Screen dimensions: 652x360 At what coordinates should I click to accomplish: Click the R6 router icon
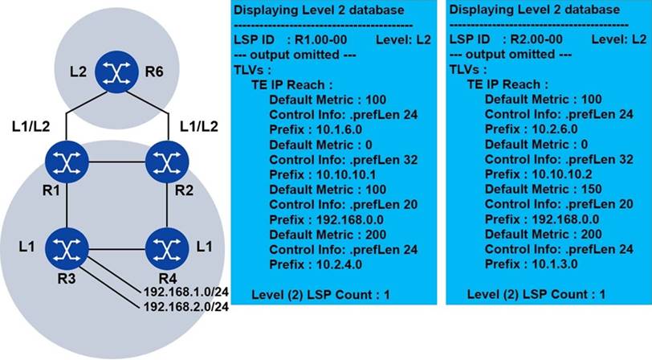point(116,72)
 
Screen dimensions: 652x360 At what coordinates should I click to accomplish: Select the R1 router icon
point(67,162)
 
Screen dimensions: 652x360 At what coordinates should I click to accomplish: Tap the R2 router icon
point(167,162)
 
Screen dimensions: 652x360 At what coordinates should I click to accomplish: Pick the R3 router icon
point(67,249)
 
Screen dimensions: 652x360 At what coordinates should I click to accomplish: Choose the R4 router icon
point(167,249)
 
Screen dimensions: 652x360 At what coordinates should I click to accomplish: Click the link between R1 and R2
point(117,162)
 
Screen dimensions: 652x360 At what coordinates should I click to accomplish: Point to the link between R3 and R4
point(117,249)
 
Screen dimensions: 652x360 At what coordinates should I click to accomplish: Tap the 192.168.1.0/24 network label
point(185,292)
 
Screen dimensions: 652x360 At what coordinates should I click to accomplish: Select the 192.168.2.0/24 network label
point(185,307)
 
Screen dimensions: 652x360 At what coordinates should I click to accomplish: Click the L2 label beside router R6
point(78,72)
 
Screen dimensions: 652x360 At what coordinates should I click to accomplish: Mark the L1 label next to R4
point(204,247)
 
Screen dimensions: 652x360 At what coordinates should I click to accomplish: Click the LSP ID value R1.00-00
point(320,40)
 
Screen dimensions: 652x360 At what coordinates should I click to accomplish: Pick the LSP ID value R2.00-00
point(536,39)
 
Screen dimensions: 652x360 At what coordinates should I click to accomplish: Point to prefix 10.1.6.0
point(339,130)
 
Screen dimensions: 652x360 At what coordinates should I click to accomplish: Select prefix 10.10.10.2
point(562,174)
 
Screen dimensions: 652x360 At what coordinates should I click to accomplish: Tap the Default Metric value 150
point(591,190)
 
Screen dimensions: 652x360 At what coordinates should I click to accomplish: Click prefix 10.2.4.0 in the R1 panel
point(339,264)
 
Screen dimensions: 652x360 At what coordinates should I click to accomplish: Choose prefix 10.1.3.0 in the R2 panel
point(555,264)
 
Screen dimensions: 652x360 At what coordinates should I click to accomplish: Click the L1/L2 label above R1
point(31,126)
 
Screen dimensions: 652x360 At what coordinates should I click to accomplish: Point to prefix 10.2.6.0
point(555,129)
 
